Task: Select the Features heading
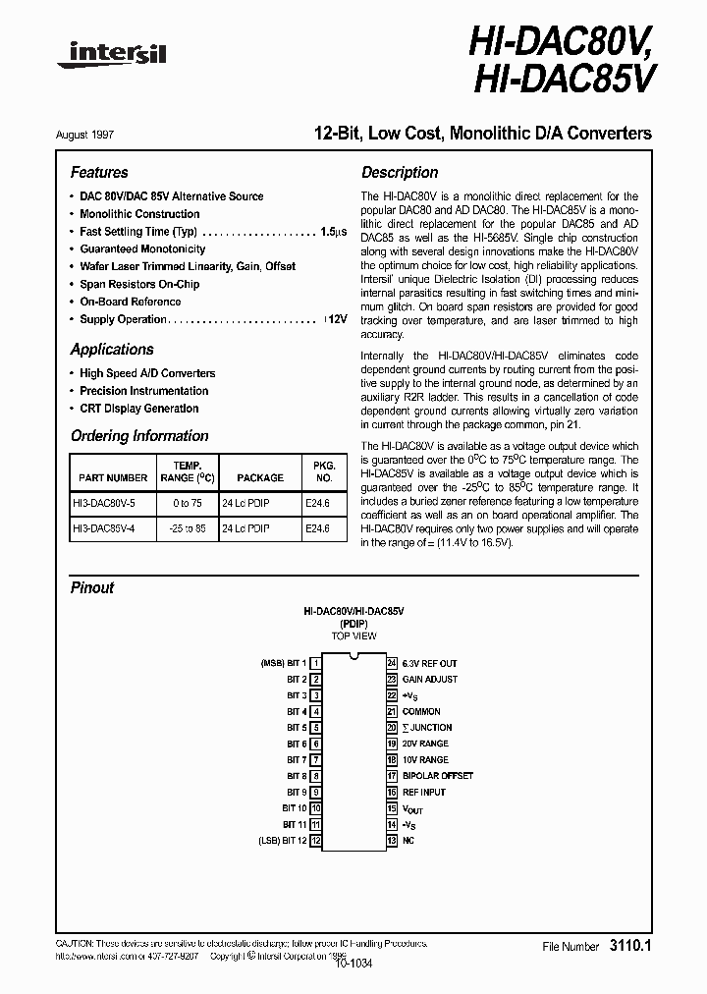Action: coord(99,172)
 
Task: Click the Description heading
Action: coord(400,172)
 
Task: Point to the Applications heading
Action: coord(112,350)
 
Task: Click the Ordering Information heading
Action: coord(139,436)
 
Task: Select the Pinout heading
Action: coord(92,588)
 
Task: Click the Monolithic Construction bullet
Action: coord(139,214)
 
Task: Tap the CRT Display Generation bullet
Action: coord(138,409)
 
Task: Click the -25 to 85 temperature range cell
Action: coord(187,528)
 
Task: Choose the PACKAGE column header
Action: coord(259,477)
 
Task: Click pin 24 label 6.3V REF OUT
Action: coord(429,664)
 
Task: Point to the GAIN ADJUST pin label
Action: coord(429,680)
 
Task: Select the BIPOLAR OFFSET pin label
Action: coord(437,776)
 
